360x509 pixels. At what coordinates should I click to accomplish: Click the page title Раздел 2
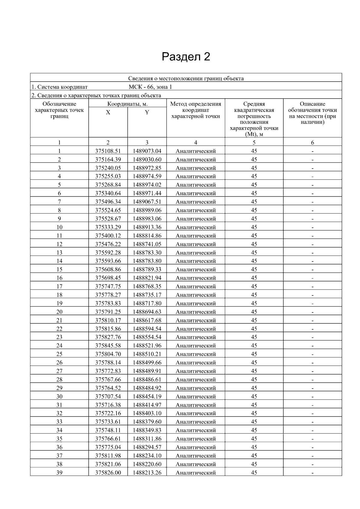186,57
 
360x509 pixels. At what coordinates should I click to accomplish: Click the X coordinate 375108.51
108,151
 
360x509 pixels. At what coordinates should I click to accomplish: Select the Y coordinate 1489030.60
147,159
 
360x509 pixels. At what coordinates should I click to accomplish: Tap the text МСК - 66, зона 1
150,87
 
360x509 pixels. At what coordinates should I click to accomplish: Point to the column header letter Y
147,112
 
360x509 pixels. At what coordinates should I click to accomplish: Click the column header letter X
108,112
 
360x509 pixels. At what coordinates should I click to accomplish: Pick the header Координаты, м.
127,104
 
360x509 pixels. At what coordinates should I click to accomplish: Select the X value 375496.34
108,202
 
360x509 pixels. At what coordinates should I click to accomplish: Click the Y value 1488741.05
147,244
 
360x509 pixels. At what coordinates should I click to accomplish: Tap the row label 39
59,473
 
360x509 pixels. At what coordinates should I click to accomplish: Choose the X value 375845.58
108,346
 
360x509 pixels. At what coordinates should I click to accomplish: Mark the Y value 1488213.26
147,473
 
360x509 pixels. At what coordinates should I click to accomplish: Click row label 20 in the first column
59,312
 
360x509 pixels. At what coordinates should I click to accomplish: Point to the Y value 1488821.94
147,278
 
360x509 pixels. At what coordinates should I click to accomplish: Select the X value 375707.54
108,397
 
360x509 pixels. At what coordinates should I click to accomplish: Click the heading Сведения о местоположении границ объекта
186,79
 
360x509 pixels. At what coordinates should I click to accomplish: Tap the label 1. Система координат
59,87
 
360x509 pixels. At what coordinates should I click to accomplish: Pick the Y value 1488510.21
147,354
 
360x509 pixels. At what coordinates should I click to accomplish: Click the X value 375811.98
108,456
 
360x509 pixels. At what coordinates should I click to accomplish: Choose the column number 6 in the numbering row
312,143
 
